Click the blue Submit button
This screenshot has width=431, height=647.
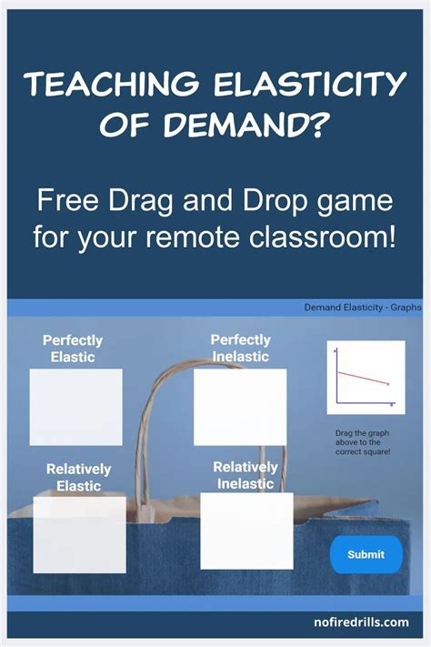click(x=366, y=554)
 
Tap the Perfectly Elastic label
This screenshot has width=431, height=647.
click(x=73, y=349)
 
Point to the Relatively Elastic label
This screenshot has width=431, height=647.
click(x=78, y=477)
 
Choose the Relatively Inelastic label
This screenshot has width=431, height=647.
click(x=246, y=475)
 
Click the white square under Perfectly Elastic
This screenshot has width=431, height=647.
click(x=75, y=407)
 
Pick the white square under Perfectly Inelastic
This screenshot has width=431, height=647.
click(x=240, y=406)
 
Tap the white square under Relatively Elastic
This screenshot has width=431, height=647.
click(x=79, y=534)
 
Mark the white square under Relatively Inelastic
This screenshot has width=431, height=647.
click(x=246, y=531)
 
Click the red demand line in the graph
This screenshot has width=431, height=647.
click(x=363, y=379)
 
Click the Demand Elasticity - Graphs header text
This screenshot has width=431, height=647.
click(x=362, y=308)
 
